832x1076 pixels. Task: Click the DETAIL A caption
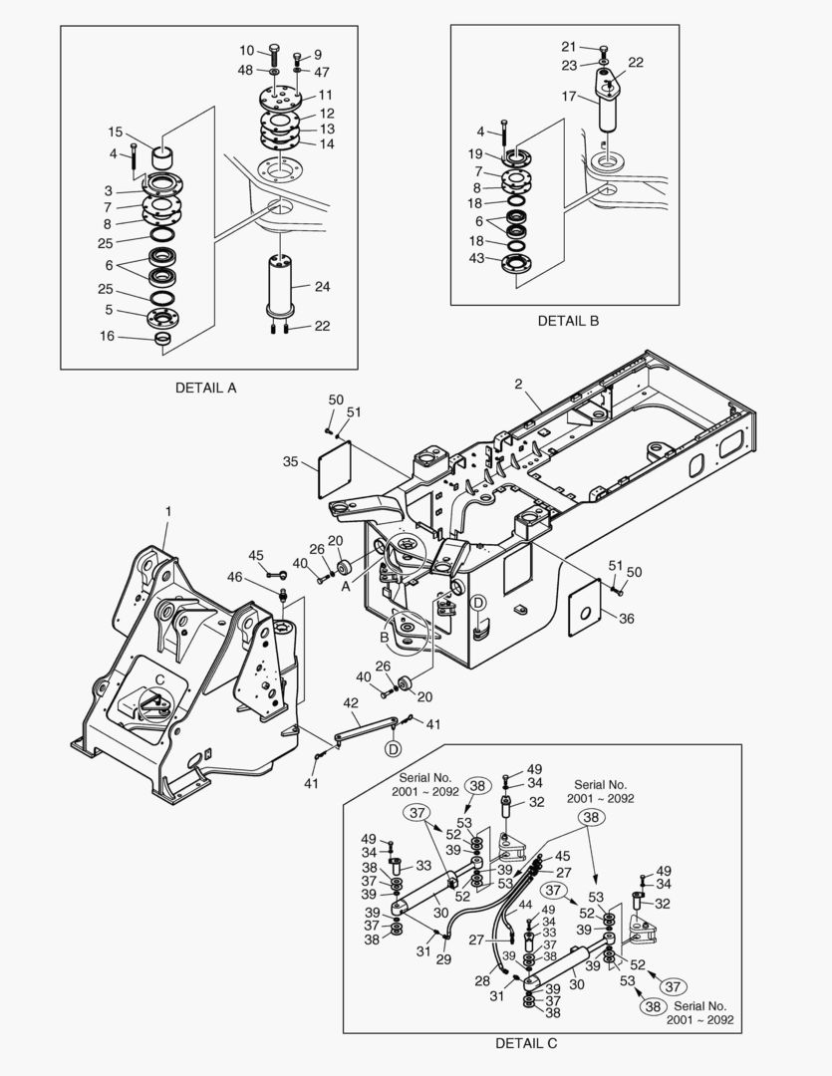(205, 388)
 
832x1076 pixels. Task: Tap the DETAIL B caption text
(568, 321)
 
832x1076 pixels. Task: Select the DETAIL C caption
(526, 1044)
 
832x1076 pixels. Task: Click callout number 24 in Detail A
(322, 286)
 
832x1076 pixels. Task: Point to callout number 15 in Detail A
(115, 132)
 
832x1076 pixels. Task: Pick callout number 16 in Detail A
(107, 336)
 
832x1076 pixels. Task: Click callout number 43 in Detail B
(476, 258)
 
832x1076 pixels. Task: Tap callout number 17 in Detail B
(568, 96)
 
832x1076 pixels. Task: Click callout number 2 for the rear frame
(518, 385)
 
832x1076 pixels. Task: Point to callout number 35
(291, 462)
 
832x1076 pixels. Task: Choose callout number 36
(626, 619)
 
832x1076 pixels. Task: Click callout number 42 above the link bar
(351, 702)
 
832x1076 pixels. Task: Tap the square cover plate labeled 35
(335, 468)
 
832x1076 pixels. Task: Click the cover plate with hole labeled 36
(586, 609)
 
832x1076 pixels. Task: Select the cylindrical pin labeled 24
(280, 286)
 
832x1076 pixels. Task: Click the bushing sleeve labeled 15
(163, 157)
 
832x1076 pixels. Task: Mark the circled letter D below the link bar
(393, 749)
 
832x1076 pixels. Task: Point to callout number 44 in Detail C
(525, 905)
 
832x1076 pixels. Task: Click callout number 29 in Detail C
(444, 958)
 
